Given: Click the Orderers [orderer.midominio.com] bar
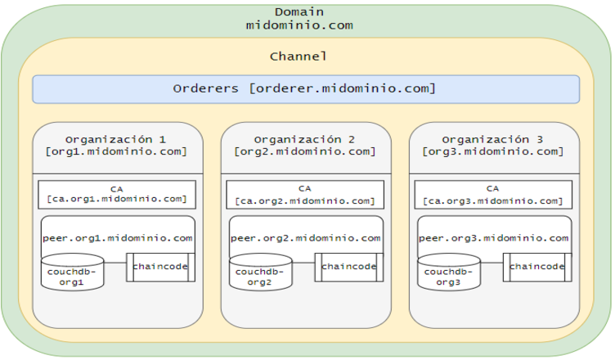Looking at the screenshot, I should pos(306,88).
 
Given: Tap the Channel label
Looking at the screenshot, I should pos(299,56).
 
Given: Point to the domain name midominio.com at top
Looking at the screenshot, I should pos(299,25).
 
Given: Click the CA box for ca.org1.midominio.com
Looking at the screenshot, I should pos(116,194).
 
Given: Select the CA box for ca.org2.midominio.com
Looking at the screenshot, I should pos(304,194).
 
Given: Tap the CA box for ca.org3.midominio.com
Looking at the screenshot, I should pos(492,194).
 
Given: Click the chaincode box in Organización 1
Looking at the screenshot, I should pos(160,267).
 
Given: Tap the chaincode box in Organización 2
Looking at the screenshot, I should pos(348,267).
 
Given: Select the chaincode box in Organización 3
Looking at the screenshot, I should pos(536,267).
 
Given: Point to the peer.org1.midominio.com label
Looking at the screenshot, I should pos(117,238).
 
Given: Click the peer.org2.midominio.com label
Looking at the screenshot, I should pos(305,238).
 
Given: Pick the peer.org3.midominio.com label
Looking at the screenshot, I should pos(493,238).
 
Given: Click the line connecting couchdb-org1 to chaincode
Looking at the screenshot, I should pos(115,263).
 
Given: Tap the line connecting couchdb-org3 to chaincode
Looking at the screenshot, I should pos(492,263).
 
